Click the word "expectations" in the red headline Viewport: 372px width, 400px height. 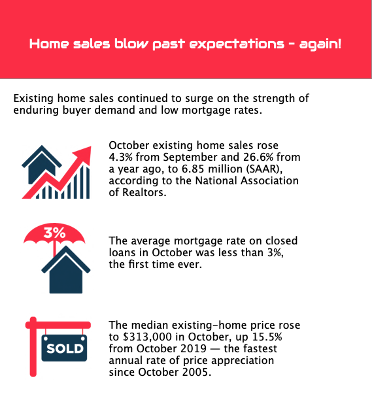coord(237,44)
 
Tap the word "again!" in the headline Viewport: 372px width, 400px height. coord(320,44)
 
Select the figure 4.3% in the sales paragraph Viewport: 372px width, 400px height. coord(121,157)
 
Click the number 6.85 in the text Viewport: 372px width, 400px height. coord(191,169)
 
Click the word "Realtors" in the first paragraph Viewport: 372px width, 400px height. coord(144,192)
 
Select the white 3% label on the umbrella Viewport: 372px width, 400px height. coord(54,233)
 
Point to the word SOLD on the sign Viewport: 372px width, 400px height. coord(65,348)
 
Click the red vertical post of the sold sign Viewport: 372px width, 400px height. coord(33,347)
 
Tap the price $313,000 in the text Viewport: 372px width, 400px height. coord(147,337)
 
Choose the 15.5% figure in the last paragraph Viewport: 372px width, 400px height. coord(267,337)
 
